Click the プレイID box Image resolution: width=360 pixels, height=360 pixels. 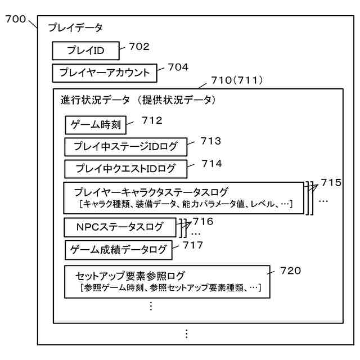coord(85,51)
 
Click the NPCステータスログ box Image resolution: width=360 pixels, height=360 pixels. coord(120,227)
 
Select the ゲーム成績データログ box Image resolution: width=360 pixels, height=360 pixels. coord(117,249)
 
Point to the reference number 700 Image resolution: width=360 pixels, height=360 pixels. coord(15,20)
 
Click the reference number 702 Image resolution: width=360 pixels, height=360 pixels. coord(137,47)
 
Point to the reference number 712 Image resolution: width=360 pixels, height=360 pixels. coord(152,120)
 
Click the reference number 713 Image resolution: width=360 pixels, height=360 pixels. coord(210,141)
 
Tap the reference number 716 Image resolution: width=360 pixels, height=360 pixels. coord(202,221)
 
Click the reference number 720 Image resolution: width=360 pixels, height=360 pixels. coord(290,271)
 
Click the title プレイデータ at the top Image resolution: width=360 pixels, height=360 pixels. coord(75,28)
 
